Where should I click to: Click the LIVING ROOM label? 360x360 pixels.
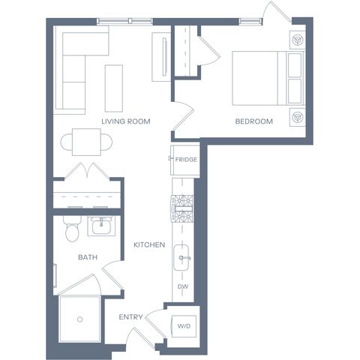(126, 121)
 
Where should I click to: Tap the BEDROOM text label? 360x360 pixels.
(254, 121)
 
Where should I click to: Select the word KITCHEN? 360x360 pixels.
(149, 244)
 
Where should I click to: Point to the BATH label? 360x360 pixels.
(88, 257)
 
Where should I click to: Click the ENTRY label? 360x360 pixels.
(130, 317)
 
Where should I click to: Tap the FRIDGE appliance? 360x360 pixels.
(185, 160)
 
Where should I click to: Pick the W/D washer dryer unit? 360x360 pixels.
(184, 326)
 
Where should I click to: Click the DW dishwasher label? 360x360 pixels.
(183, 286)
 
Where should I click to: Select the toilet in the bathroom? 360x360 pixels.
(72, 229)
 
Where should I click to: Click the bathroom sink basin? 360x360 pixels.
(101, 226)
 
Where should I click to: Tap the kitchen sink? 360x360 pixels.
(181, 257)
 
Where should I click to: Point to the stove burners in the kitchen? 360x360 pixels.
(182, 208)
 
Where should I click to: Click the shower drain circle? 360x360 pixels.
(80, 319)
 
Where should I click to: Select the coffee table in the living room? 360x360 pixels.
(114, 88)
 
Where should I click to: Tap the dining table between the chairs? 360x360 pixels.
(86, 142)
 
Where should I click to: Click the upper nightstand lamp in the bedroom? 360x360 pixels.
(298, 40)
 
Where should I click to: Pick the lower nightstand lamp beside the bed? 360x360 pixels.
(298, 117)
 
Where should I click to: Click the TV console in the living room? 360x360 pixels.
(161, 57)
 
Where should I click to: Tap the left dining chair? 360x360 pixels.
(66, 142)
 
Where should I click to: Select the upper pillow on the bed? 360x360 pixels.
(295, 65)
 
